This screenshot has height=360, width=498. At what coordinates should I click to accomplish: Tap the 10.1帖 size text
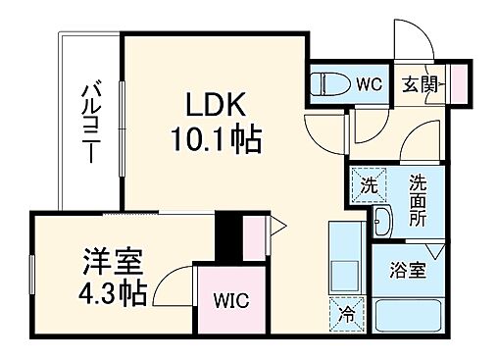pos(218,141)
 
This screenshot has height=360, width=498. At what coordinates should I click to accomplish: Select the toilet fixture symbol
pos(327,83)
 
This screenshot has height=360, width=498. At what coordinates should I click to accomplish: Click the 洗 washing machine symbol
pos(368,185)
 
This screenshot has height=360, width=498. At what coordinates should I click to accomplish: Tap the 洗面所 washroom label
pos(419,201)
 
